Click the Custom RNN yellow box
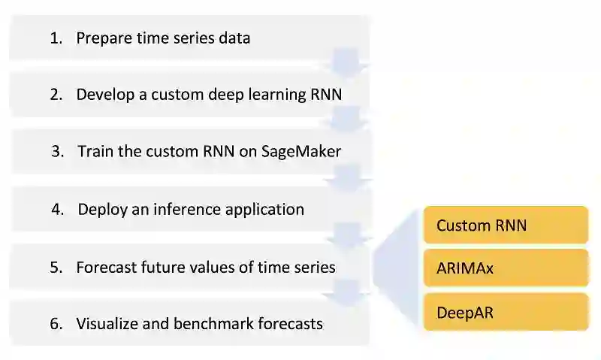[506, 225]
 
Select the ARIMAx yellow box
[506, 268]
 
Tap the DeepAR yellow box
[506, 312]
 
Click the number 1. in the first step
[56, 38]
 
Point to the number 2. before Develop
[56, 95]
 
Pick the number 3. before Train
[58, 151]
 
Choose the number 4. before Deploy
[58, 209]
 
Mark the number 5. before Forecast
[56, 267]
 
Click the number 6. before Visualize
[56, 324]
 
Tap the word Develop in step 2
[103, 95]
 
